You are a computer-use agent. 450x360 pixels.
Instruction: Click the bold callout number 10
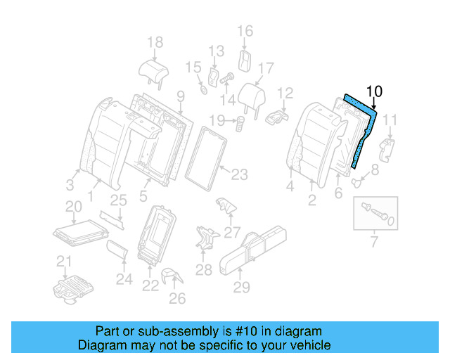tap(375, 91)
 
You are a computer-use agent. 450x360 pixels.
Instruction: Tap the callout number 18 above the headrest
tap(155, 42)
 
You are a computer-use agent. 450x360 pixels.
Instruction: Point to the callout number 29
tap(241, 287)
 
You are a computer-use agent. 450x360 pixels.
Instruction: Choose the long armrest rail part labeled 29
tap(252, 249)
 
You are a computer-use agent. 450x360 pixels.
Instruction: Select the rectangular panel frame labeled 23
tap(206, 159)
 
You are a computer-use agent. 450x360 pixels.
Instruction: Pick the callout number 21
tap(65, 263)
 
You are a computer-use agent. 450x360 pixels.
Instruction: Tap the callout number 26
tap(177, 299)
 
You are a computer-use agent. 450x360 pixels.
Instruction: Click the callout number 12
tap(285, 93)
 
